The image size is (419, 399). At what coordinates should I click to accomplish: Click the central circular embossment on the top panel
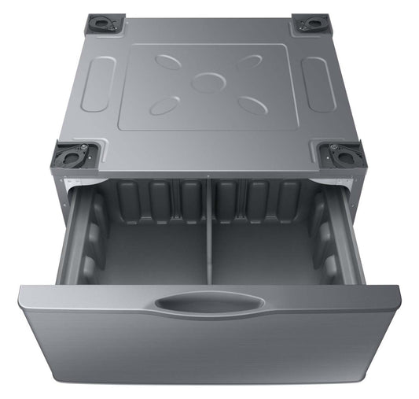pyautogui.click(x=208, y=82)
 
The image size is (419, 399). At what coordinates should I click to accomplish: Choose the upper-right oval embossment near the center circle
pyautogui.click(x=249, y=61)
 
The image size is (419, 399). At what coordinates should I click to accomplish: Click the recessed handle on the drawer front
pyautogui.click(x=208, y=302)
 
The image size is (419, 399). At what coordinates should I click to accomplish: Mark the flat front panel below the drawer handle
pyautogui.click(x=208, y=354)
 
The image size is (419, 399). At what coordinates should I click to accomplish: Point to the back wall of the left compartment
pyautogui.click(x=157, y=203)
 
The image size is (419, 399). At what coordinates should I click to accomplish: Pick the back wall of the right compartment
pyautogui.click(x=259, y=203)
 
